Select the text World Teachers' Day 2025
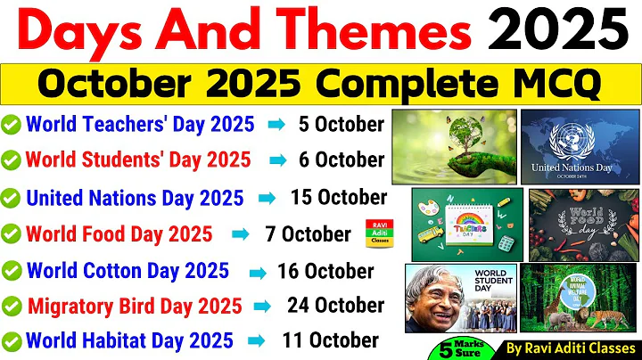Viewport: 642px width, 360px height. click(x=140, y=123)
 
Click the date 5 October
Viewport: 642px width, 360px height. click(x=342, y=123)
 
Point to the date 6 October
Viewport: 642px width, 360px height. click(x=341, y=160)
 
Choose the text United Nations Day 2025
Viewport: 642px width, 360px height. click(x=144, y=197)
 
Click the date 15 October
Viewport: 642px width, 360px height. click(x=338, y=197)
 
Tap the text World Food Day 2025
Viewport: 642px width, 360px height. click(x=119, y=233)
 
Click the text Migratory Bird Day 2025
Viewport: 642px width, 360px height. click(x=135, y=306)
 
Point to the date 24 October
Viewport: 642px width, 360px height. click(x=335, y=305)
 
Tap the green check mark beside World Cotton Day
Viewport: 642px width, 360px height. click(x=12, y=270)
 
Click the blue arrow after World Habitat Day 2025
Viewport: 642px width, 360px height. click(x=254, y=340)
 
